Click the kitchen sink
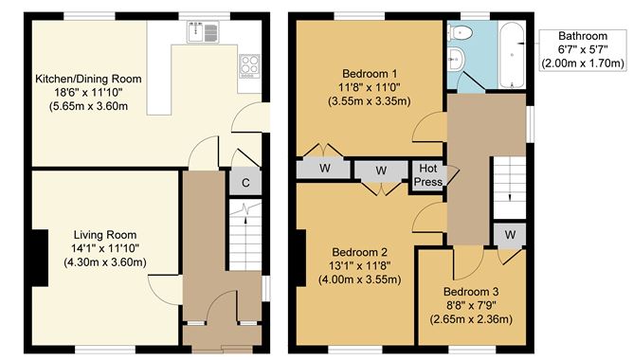[x=203, y=32]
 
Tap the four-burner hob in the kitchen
[x=249, y=66]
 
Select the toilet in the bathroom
[x=461, y=33]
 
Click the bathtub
[x=512, y=55]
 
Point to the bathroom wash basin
[x=456, y=59]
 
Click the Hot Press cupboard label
[x=428, y=175]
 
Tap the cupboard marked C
[x=245, y=183]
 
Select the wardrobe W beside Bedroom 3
[x=510, y=235]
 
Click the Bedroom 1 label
[x=370, y=74]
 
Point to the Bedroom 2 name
[x=359, y=252]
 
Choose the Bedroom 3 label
[x=471, y=292]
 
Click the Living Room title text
[x=105, y=235]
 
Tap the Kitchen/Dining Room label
[x=88, y=79]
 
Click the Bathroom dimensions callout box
[x=583, y=50]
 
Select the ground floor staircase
[x=245, y=235]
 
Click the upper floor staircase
[x=510, y=188]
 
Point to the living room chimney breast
[x=40, y=258]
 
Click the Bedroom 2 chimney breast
[x=300, y=258]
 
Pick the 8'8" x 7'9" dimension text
[x=471, y=305]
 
